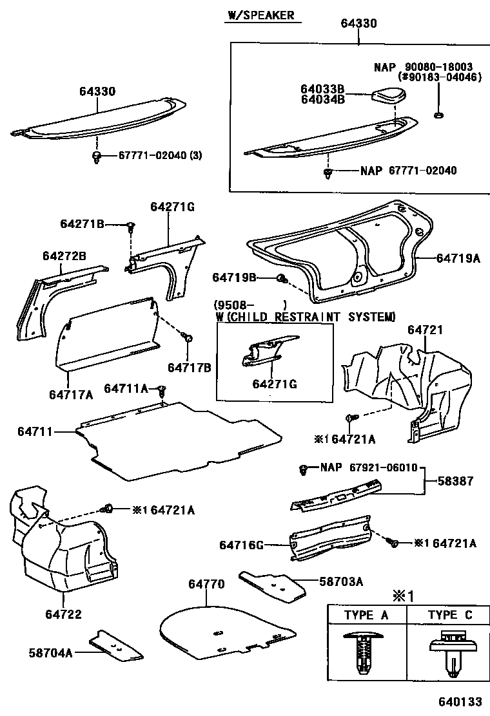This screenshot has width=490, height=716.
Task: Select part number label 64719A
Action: tap(458, 258)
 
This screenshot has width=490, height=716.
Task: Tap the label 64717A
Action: tap(70, 394)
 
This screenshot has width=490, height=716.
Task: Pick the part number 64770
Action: tap(206, 584)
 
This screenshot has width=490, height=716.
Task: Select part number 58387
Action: tap(455, 480)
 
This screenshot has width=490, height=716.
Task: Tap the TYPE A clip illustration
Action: tap(366, 652)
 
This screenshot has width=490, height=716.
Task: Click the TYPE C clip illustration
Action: tap(449, 651)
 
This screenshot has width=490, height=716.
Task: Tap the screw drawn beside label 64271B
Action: tap(132, 227)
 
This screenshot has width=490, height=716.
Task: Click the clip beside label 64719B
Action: tap(282, 278)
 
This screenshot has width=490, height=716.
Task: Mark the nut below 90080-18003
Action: tap(438, 115)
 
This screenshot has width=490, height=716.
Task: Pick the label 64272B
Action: tap(64, 256)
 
